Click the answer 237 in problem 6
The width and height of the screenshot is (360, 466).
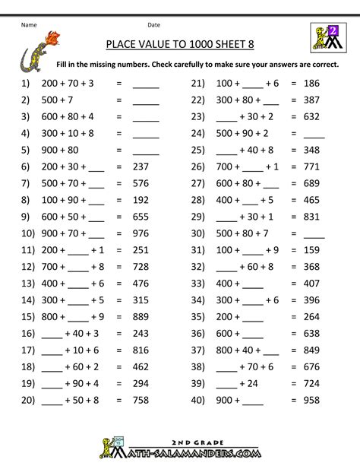point(146,166)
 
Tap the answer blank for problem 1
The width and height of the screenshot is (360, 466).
point(146,84)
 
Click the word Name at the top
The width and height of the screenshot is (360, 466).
point(29,24)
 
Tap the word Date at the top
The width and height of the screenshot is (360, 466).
point(153,24)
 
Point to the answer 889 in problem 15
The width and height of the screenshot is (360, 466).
point(146,315)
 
